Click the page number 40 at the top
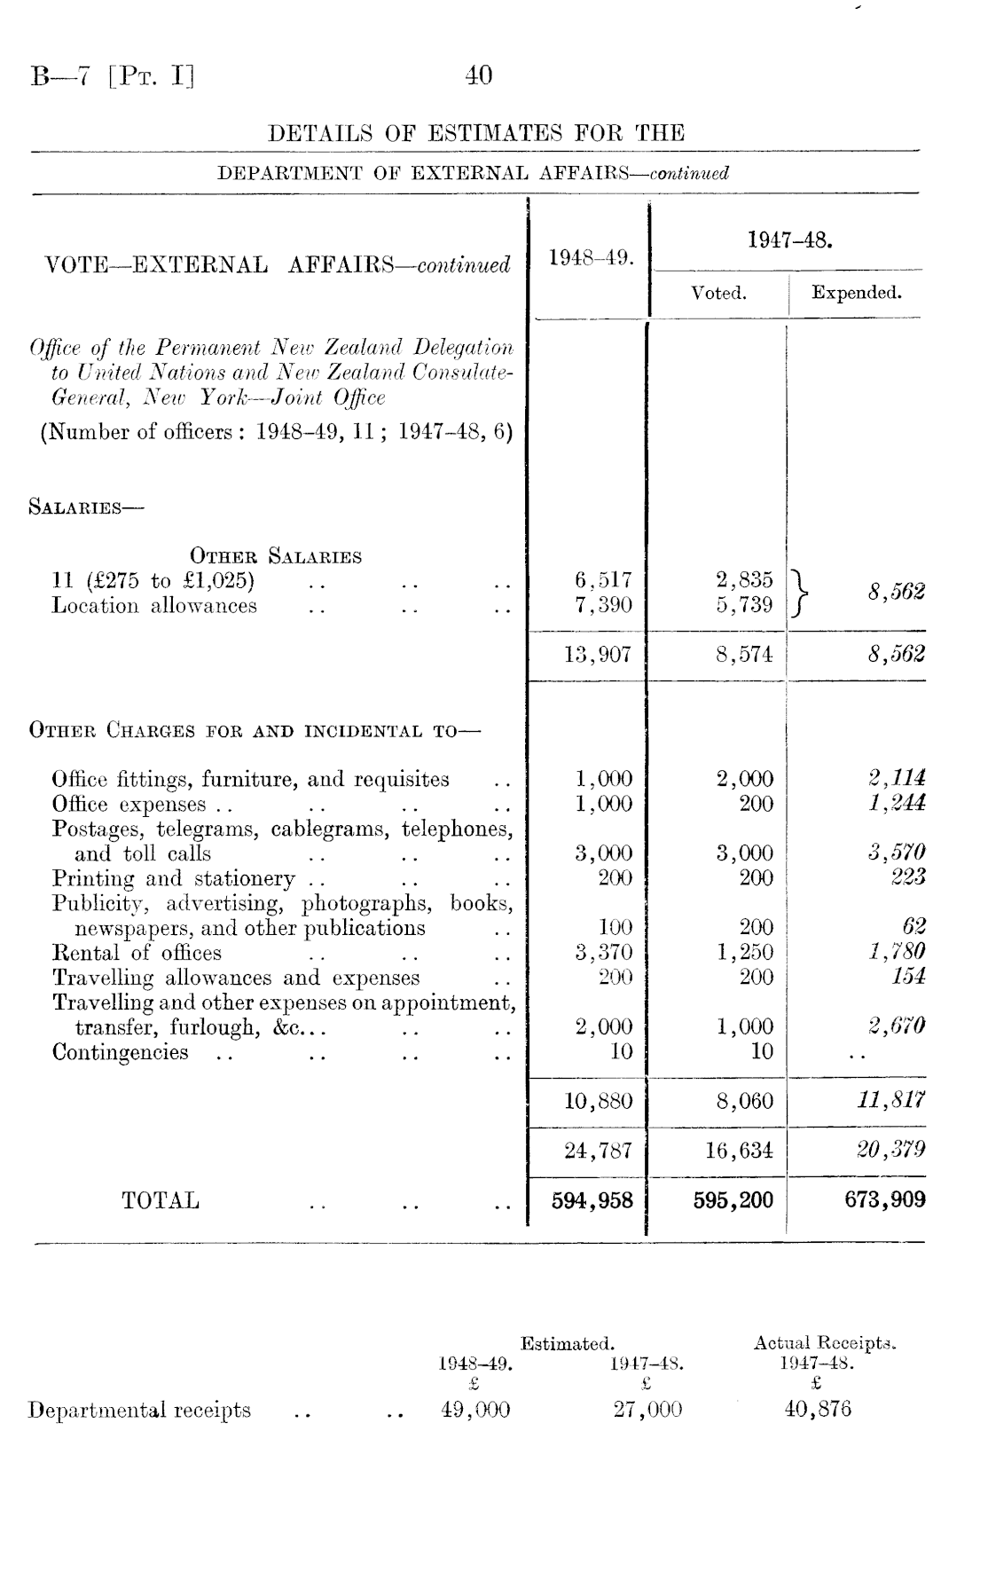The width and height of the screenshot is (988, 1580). click(478, 76)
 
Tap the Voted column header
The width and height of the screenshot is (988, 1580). click(717, 294)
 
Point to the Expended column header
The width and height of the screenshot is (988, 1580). click(856, 293)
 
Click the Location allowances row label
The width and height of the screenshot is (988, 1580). click(154, 607)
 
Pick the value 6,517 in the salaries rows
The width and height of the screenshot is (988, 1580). click(603, 580)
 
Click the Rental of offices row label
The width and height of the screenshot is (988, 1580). click(137, 954)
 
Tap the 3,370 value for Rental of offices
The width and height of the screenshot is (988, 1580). click(603, 954)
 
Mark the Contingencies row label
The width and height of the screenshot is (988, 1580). click(121, 1053)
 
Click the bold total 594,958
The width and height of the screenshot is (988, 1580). click(592, 1201)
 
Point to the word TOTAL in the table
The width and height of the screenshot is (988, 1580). click(161, 1201)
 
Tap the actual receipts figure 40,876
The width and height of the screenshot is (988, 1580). click(818, 1411)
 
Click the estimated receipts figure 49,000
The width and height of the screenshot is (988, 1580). click(475, 1411)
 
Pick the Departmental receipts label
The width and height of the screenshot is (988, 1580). click(139, 1411)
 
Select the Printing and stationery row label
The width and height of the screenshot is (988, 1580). click(173, 879)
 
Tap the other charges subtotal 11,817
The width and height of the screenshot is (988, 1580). click(897, 1102)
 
